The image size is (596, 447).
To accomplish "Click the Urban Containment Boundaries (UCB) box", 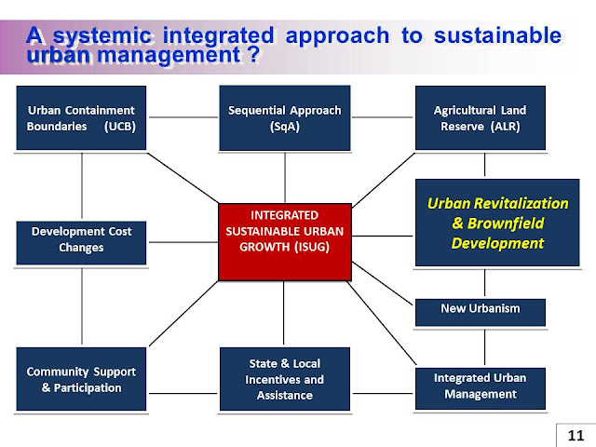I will coord(81,117).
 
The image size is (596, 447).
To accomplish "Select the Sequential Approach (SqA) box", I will coord(284,117).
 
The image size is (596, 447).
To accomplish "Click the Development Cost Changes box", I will coord(81,240).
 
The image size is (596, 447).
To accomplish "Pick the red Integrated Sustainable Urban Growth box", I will coord(284,240).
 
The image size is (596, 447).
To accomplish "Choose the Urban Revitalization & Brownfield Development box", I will coord(484,223).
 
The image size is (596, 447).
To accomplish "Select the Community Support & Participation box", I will coord(81,379).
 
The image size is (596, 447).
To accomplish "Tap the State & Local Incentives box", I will coord(284,379).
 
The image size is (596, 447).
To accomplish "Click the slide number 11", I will coord(575,434).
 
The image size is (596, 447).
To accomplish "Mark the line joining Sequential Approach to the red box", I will coord(284,177).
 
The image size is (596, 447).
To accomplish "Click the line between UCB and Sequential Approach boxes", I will coord(183,117).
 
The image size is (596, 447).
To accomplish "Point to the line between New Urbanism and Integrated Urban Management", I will coord(484,345).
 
